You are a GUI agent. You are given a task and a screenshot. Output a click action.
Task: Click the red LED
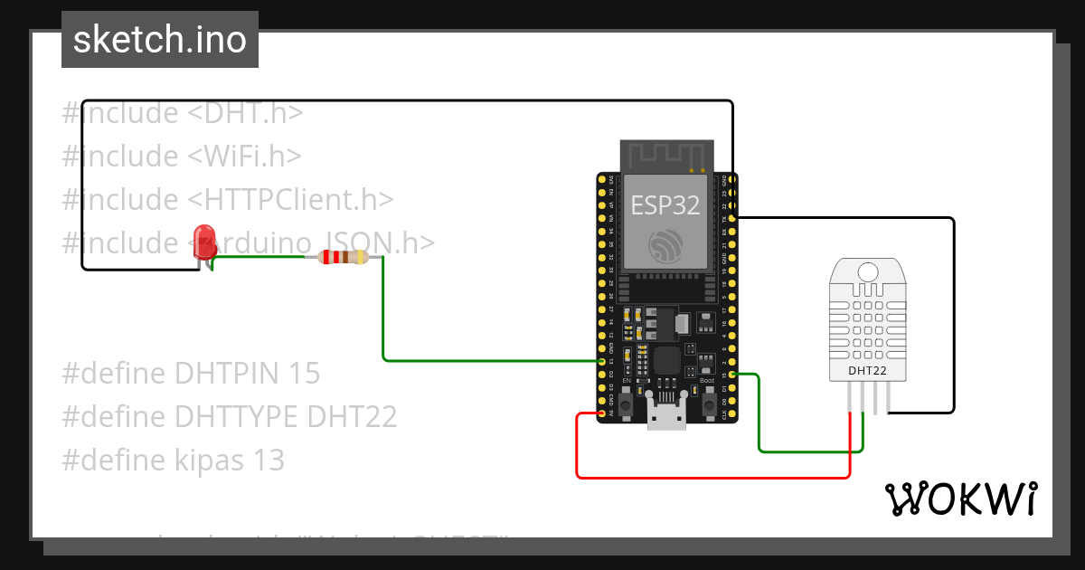coord(205,241)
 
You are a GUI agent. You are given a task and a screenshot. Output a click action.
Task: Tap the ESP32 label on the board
coord(665,204)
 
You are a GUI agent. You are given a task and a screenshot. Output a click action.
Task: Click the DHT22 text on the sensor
coord(867,369)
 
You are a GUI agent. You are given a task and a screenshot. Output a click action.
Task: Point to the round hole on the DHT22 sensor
coord(867,271)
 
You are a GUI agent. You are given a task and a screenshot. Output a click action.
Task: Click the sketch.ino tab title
coord(160,40)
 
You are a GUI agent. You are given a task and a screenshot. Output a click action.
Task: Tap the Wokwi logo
coord(960,499)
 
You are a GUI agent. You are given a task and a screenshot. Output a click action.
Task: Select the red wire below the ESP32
coord(714,477)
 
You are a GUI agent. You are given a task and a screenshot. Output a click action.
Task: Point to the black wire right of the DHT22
coord(953,317)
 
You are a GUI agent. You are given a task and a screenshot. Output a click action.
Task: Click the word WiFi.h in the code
coord(244,156)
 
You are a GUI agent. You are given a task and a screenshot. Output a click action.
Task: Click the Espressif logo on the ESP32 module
coord(665,245)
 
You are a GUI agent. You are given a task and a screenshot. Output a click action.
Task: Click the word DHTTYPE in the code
coord(237,416)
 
